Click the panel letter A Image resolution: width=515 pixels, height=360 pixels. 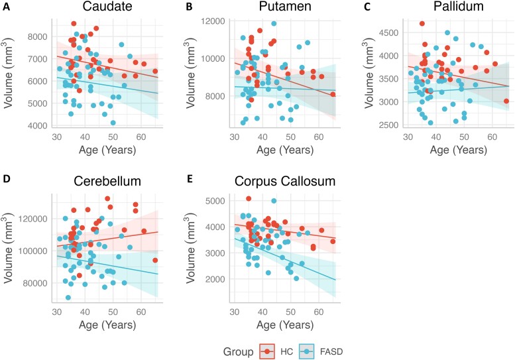[5, 9]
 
